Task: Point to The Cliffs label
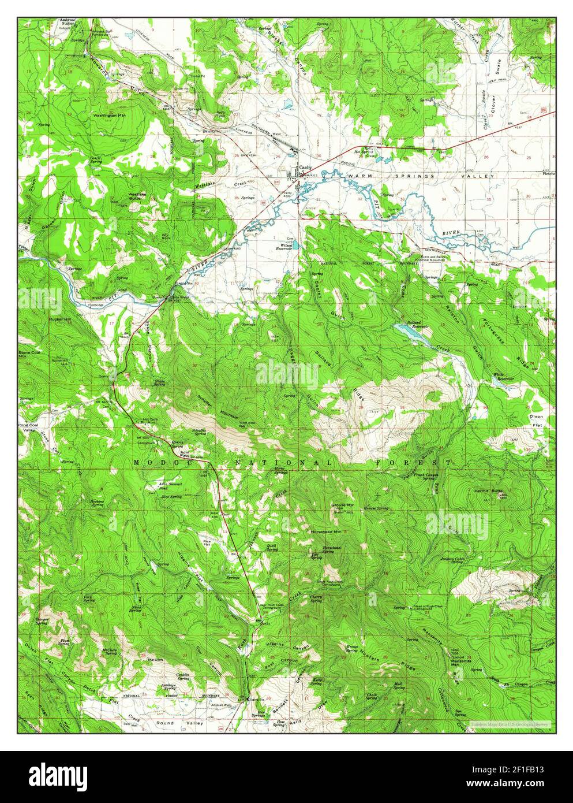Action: (155, 659)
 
